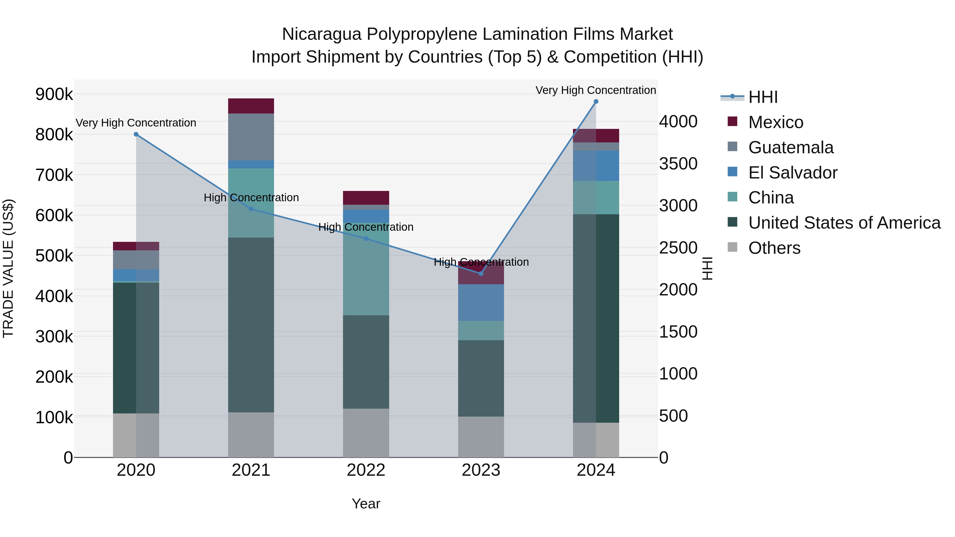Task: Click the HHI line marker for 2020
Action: (136, 134)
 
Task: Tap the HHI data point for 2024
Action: (596, 102)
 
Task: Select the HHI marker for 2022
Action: (366, 239)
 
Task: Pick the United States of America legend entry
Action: (844, 223)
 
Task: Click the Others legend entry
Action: (774, 248)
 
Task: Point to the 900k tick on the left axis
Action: (54, 94)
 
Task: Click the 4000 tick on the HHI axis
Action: (678, 121)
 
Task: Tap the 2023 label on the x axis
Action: (481, 470)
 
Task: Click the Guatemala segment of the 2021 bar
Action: (251, 137)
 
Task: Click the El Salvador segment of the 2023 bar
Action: (481, 302)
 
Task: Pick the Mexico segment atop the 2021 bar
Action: (251, 106)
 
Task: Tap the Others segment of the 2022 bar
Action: (366, 433)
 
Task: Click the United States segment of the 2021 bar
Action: (251, 325)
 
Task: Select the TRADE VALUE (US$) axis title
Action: (8, 268)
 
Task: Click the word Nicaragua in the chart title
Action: (322, 34)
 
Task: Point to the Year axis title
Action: (366, 504)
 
